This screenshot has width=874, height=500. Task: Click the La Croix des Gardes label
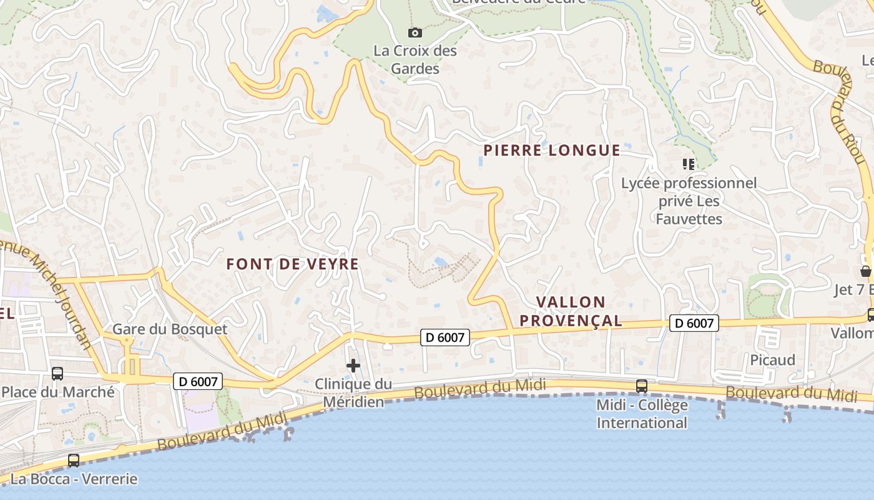[x=415, y=59]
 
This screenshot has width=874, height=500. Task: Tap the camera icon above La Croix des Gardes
[x=415, y=32]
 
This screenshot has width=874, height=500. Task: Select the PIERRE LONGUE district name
[x=552, y=150]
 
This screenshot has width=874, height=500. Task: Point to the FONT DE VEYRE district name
[x=293, y=264]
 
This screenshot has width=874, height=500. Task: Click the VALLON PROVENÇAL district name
[x=571, y=311]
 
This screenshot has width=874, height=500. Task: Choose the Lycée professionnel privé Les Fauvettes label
[x=689, y=201]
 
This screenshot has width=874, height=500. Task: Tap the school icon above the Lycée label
[x=689, y=164]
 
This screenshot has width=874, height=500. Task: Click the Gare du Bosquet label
[x=170, y=329]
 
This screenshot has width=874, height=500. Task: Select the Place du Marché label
[x=58, y=392]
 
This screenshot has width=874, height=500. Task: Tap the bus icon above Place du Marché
[x=57, y=374]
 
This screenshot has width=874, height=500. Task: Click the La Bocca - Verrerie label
[x=74, y=479]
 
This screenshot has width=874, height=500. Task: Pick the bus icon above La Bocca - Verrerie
[x=74, y=461]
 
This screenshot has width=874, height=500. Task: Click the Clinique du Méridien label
[x=353, y=392]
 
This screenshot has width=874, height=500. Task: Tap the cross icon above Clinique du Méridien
[x=353, y=366]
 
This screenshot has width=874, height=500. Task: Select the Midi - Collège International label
[x=642, y=414]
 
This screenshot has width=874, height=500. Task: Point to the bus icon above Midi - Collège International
[x=642, y=386]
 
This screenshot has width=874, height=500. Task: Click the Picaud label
[x=772, y=360]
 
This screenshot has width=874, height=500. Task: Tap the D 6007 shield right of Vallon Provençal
[x=694, y=323]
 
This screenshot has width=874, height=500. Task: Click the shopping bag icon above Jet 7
[x=865, y=271]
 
